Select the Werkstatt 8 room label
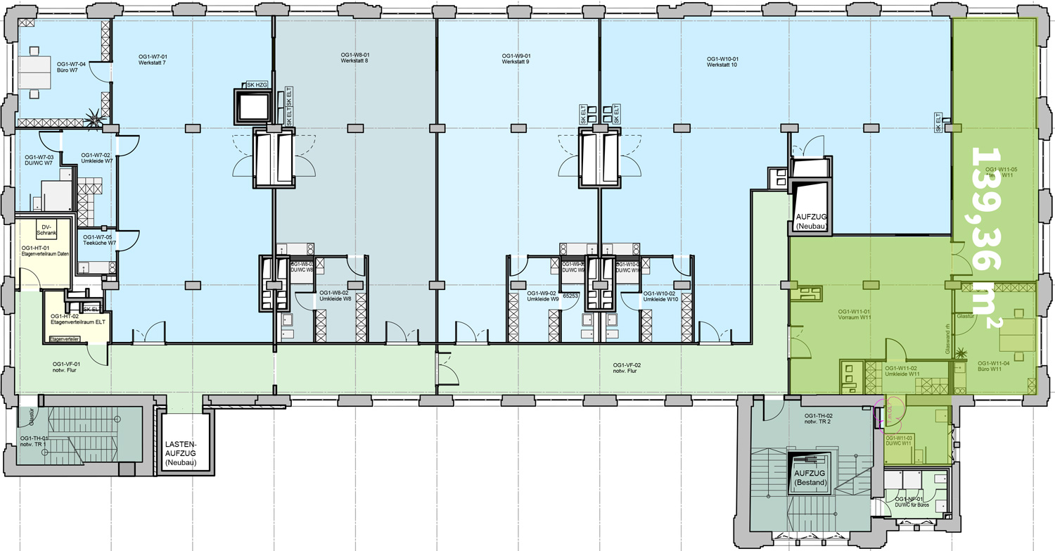[x=354, y=61]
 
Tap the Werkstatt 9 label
[x=516, y=62]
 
